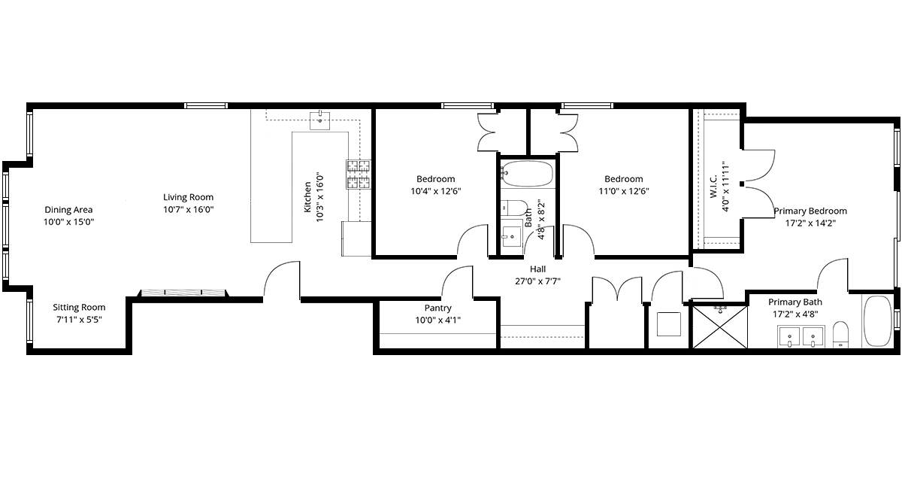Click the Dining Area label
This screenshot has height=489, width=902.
coord(68,210)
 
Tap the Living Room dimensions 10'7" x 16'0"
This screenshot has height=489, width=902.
coord(189,209)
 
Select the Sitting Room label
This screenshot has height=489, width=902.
coord(79,307)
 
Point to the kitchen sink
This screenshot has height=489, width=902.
coord(319,120)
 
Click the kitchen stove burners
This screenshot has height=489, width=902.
coord(359,174)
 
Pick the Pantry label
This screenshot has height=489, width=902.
coord(437,308)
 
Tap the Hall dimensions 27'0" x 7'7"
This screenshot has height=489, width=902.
coord(537,281)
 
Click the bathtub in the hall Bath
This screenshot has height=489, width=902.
coord(528,174)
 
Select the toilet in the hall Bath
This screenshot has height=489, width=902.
coord(514,208)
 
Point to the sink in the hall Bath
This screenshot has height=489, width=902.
coord(511,235)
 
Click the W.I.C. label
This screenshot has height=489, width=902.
coord(713,187)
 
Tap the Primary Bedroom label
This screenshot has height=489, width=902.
coord(810,211)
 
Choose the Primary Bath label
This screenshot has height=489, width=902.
coord(795,302)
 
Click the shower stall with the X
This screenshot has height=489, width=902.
coord(719,327)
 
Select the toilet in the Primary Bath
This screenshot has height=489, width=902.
coord(840,334)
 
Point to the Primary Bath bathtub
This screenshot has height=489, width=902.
coord(878,321)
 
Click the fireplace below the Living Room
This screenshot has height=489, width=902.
coord(183,293)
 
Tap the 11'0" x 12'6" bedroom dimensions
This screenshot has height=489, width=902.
coord(624,191)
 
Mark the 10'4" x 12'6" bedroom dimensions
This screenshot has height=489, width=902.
coord(436,191)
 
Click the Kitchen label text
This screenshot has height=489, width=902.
coord(307,197)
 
